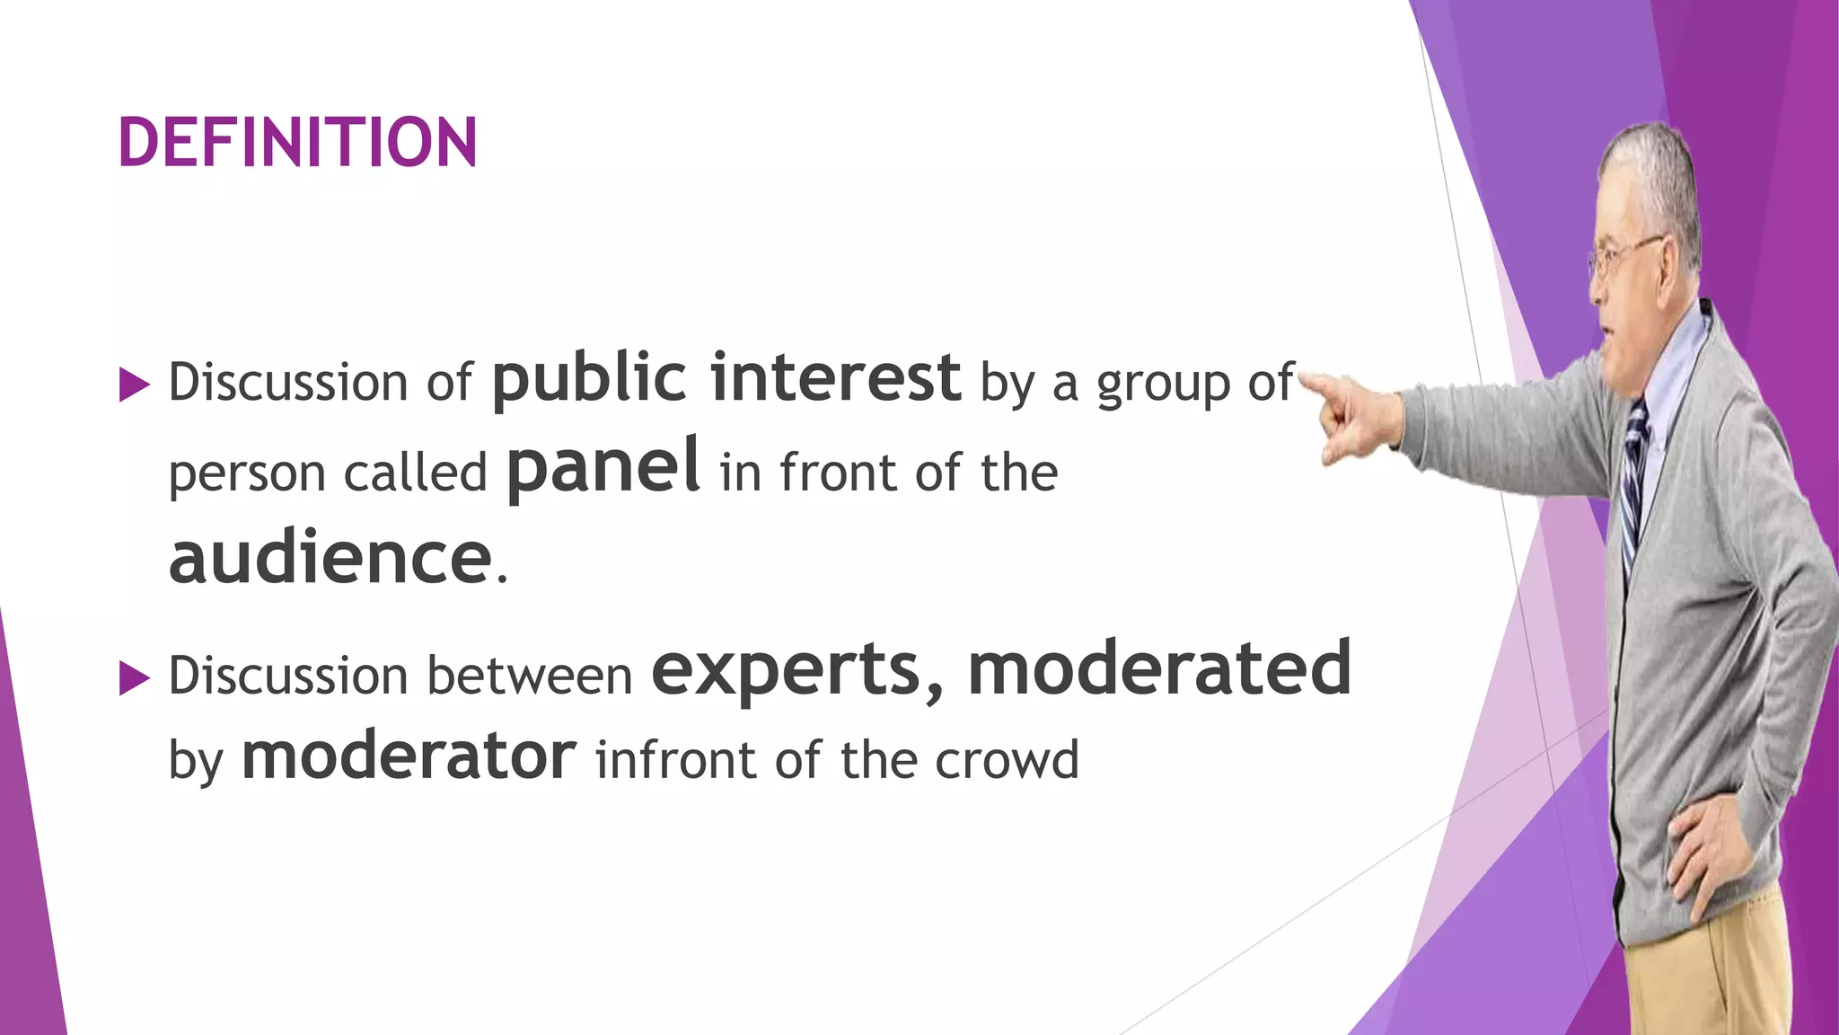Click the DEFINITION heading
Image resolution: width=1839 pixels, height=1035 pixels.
tap(297, 143)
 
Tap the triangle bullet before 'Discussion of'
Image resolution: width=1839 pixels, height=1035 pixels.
tap(134, 385)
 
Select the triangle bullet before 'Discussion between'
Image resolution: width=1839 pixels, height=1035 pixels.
tap(134, 678)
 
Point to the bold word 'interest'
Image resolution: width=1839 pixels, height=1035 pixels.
tap(835, 377)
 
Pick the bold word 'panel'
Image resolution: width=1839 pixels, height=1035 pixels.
tap(603, 467)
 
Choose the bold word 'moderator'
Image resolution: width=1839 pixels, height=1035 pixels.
tap(409, 756)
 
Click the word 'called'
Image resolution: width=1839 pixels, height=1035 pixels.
tap(415, 473)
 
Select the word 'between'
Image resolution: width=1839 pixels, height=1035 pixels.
tap(530, 677)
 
